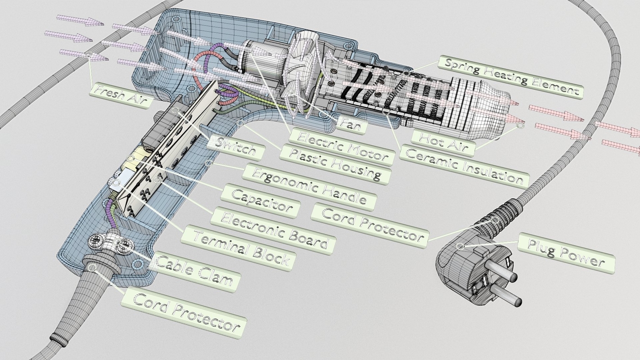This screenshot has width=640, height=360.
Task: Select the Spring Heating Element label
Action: point(510,77)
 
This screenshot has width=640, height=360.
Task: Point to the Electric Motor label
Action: point(342,146)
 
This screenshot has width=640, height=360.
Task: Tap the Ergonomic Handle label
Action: point(308,186)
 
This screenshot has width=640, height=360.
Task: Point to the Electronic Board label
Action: point(273,230)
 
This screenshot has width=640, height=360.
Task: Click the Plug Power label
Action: point(566,254)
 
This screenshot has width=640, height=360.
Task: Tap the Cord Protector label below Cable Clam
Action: point(184,312)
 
